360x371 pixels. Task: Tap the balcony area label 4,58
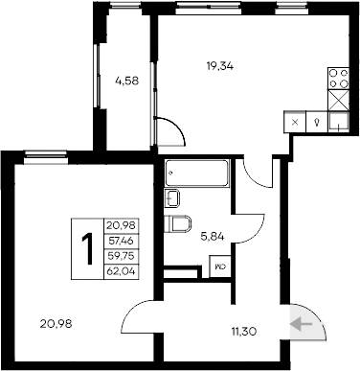click(x=127, y=81)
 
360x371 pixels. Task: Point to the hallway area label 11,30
click(x=243, y=334)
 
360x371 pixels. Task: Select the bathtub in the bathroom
click(x=197, y=174)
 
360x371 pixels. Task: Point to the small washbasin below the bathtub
click(x=173, y=198)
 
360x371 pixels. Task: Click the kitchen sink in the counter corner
click(x=337, y=121)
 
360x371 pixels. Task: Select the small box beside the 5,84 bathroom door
click(x=220, y=268)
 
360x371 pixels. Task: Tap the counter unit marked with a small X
click(x=294, y=122)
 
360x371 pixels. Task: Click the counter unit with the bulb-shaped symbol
click(x=315, y=122)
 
